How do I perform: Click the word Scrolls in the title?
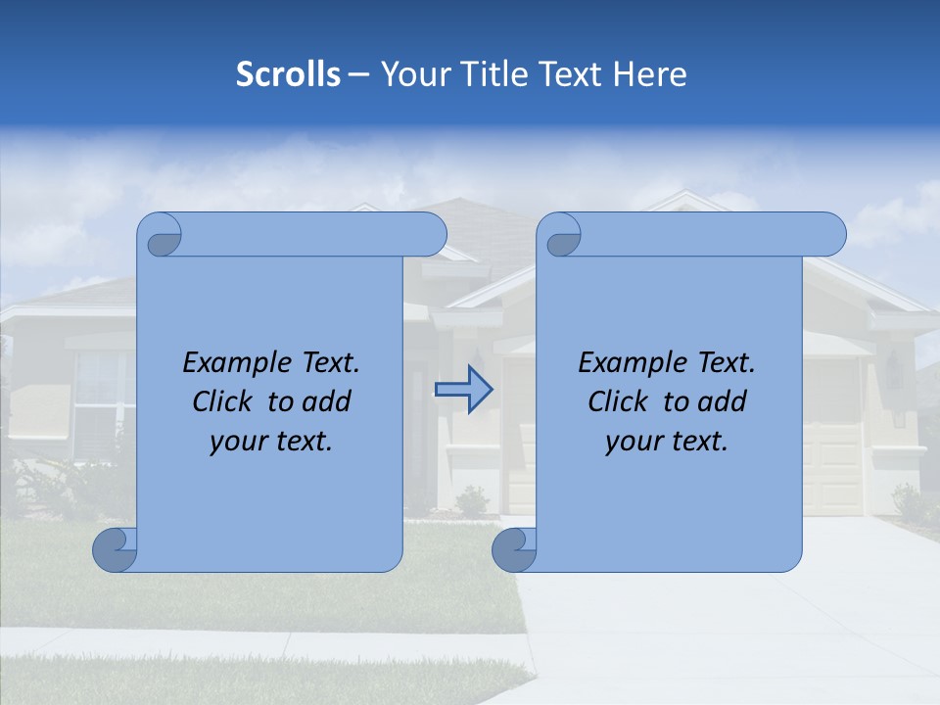(x=288, y=74)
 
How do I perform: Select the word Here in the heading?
(x=649, y=74)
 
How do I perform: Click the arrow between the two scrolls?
(x=463, y=389)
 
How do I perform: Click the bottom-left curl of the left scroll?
(x=116, y=550)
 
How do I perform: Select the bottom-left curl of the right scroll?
(x=514, y=550)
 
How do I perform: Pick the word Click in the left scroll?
(x=221, y=401)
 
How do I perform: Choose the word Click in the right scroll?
(x=617, y=401)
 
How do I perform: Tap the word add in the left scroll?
(x=328, y=401)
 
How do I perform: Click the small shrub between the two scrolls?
(x=473, y=501)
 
